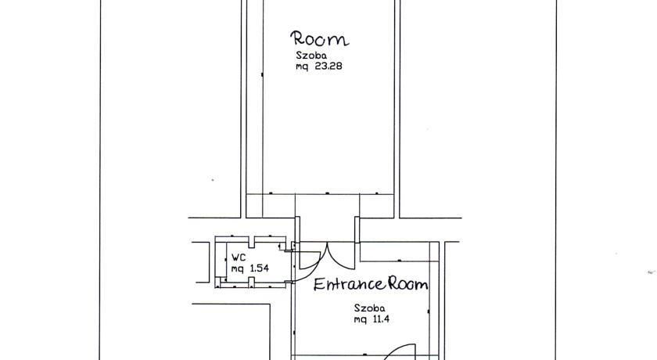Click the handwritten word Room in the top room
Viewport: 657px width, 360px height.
coord(320,38)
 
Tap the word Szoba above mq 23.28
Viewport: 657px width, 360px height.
coord(311,55)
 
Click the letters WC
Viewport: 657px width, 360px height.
coord(239,257)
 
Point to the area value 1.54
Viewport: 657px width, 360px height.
coord(259,268)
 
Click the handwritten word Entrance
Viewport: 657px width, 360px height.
coord(349,284)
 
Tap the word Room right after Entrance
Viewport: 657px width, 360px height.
coord(407,284)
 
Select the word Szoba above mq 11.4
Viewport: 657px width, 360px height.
coord(369,308)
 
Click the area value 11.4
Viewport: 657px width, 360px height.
coord(379,319)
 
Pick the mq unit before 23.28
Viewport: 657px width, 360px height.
coord(302,67)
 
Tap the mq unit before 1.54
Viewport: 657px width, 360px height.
coord(238,269)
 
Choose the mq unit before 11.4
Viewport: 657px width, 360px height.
coord(360,320)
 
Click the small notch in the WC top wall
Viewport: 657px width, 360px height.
coord(251,242)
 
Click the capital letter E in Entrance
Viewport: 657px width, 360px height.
coord(319,285)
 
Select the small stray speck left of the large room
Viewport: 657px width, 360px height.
coord(213,180)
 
